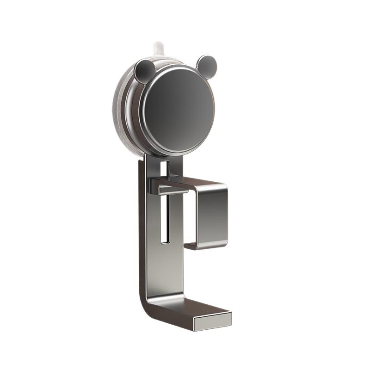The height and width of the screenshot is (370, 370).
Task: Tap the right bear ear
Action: [x=206, y=66]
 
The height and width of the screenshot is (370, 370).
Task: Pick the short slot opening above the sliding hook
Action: [x=164, y=169]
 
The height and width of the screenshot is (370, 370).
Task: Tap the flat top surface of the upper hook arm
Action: [x=199, y=183]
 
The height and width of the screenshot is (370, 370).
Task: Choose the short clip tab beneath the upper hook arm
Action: [x=172, y=190]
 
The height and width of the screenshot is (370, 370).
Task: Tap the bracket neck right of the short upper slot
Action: [x=175, y=166]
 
